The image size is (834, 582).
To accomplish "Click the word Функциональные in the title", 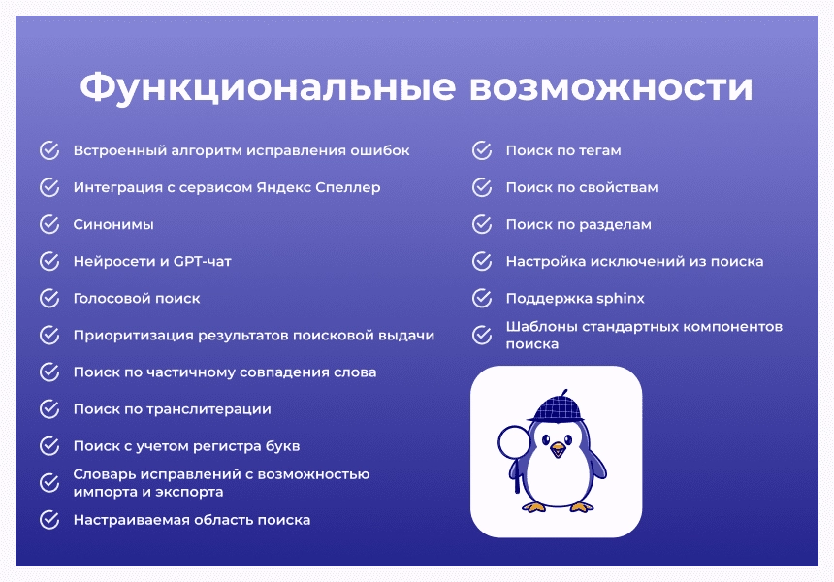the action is click(x=268, y=87).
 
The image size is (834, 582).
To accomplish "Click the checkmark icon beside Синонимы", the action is click(x=49, y=224).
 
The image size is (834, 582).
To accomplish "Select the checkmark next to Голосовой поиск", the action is click(x=49, y=298).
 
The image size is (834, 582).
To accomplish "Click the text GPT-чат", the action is click(x=202, y=261).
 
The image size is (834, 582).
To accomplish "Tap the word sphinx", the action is click(x=621, y=299).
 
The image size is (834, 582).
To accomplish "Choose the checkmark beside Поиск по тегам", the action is click(x=482, y=150).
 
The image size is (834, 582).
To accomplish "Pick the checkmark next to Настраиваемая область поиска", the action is click(x=49, y=520).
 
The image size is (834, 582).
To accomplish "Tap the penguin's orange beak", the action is click(x=558, y=450).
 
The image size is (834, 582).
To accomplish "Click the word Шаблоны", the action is click(x=541, y=326).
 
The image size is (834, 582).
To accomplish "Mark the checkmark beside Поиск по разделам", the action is click(x=482, y=224).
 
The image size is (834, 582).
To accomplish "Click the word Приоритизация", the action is click(x=134, y=336).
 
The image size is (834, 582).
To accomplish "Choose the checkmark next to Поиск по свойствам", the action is click(x=482, y=187).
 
